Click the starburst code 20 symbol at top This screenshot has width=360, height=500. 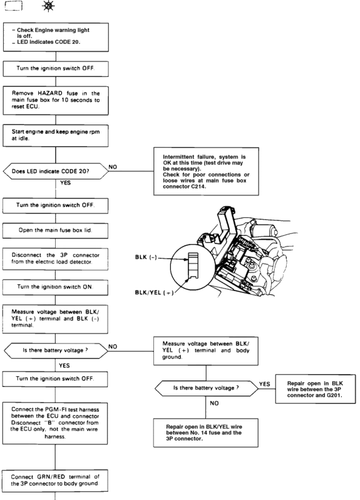coord(48,6)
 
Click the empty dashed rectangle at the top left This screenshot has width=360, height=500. coord(14,6)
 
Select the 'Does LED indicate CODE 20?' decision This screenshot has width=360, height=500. coord(56,171)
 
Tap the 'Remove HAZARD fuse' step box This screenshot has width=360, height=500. coord(56,101)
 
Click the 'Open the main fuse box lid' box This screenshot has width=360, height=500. coord(56,230)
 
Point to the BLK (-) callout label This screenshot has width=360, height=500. coord(146,257)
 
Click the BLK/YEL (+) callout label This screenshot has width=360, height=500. coord(154,292)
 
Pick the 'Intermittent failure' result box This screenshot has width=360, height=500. coord(206,171)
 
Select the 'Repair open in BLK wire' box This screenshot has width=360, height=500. coord(316,389)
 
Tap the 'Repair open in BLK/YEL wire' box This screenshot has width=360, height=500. coord(206,432)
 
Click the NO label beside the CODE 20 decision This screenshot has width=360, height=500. coord(113,167)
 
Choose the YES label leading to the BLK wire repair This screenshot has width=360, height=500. coord(265,384)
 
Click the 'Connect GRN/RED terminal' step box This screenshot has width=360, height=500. coord(55,481)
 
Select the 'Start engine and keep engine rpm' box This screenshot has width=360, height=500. coord(56,136)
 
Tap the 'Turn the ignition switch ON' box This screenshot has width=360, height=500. coord(56,287)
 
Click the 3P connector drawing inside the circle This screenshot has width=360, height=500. coord(193,265)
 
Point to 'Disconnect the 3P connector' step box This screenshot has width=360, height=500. coord(56,259)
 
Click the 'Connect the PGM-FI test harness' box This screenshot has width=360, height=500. coord(55,423)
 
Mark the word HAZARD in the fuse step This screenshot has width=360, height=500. coord(50,93)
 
